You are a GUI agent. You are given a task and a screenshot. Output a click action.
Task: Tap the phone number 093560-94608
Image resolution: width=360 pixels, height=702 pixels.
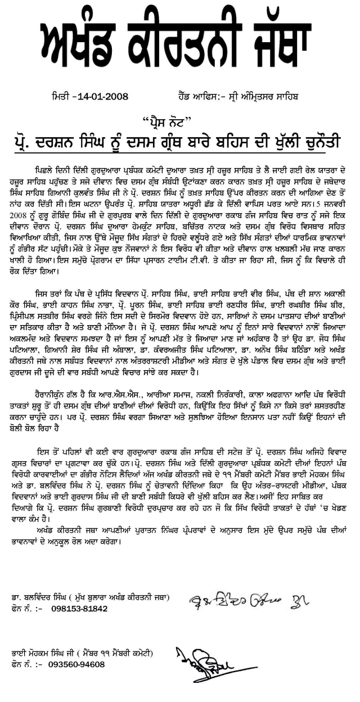pyautogui.click(x=76, y=664)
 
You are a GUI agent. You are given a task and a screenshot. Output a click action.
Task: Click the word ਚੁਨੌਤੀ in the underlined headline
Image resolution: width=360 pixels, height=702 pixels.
pyautogui.click(x=319, y=139)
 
